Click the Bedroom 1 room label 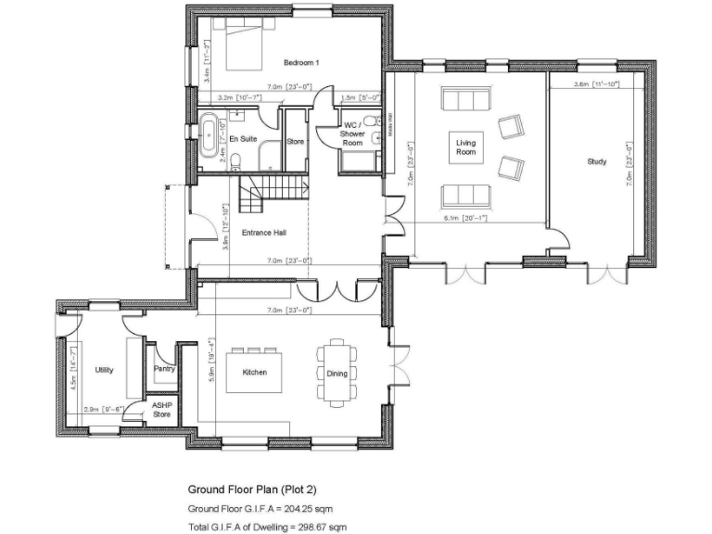pyautogui.click(x=301, y=62)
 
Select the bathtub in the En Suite pyautogui.click(x=212, y=137)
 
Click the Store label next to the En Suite pyautogui.click(x=295, y=142)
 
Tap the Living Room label pyautogui.click(x=464, y=147)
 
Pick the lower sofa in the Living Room pyautogui.click(x=462, y=195)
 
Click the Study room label pyautogui.click(x=597, y=161)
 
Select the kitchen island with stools pyautogui.click(x=255, y=372)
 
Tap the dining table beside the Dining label pyautogui.click(x=337, y=372)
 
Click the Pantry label pyautogui.click(x=164, y=369)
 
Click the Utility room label pyautogui.click(x=104, y=370)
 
